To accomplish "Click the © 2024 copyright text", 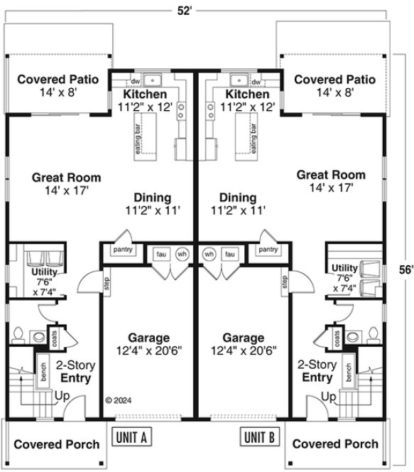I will pos(119,400).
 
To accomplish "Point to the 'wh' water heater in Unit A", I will pos(182,254).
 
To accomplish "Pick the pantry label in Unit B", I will pos(268,250).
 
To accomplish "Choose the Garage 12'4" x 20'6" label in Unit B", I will pos(244,343).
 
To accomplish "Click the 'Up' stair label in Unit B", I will pos(329,395).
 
